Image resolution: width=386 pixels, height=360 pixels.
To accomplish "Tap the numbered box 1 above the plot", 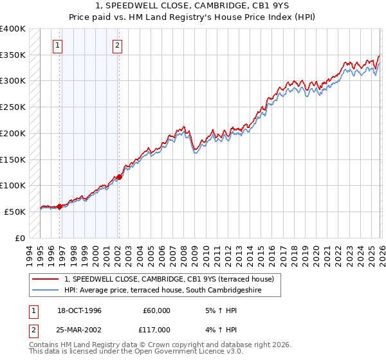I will pos(58,45).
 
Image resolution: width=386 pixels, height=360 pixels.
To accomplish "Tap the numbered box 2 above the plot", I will pos(118,45).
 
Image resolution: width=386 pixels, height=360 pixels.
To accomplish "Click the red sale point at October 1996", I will pos(60,206).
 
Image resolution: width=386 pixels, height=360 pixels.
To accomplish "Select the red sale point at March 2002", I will pos(119,177).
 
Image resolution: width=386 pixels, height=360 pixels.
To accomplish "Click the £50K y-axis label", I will pos(15,212).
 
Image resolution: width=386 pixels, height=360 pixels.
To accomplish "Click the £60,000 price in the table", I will pos(156,310).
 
